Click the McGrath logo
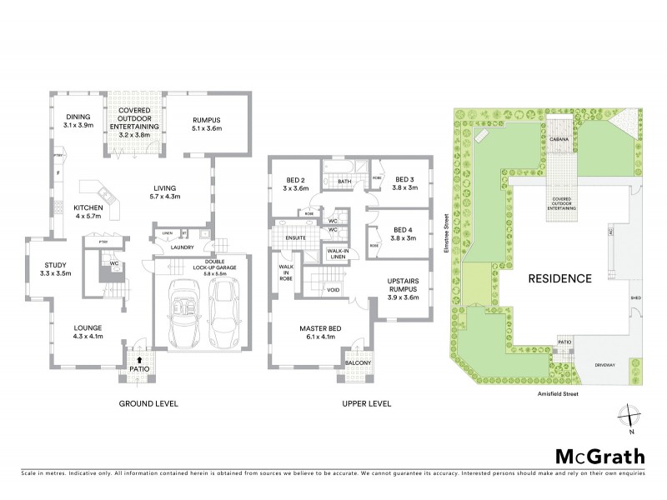tap(600, 456)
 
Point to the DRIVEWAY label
tap(604, 364)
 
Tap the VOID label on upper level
tap(333, 290)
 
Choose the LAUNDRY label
tap(182, 247)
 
